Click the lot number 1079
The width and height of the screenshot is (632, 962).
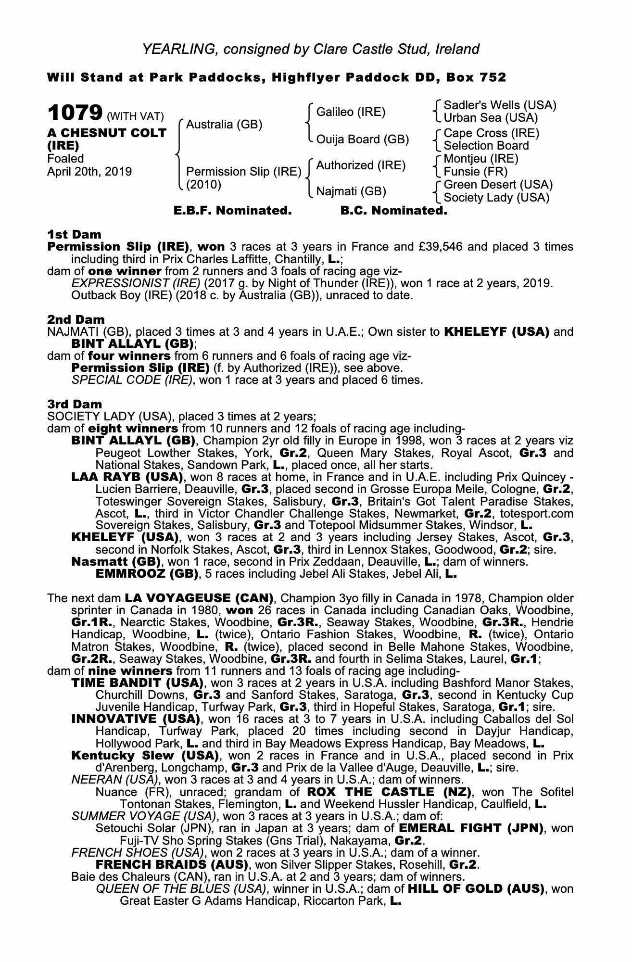pos(75,113)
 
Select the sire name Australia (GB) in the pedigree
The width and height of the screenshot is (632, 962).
pos(224,125)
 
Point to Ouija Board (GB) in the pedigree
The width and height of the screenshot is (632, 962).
pos(362,139)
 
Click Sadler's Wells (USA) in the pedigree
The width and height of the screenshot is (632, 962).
pos(499,105)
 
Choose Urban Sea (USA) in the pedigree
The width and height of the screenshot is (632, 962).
pos(491,118)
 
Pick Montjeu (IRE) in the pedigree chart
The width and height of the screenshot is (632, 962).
pos(481,159)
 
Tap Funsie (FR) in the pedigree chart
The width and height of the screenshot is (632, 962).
pos(475,171)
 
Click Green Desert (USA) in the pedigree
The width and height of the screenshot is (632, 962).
pos(498,185)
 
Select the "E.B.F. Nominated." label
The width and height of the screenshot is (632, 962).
pos(232,211)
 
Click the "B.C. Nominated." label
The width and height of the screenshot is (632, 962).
pos(393,211)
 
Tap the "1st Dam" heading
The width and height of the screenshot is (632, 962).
pos(74,235)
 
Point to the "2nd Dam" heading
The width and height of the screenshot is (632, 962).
pos(76,319)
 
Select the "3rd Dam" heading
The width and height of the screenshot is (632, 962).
pos(75,404)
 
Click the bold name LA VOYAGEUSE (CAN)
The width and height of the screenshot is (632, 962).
pos(199,598)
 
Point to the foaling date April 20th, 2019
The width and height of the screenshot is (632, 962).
pos(89,172)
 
